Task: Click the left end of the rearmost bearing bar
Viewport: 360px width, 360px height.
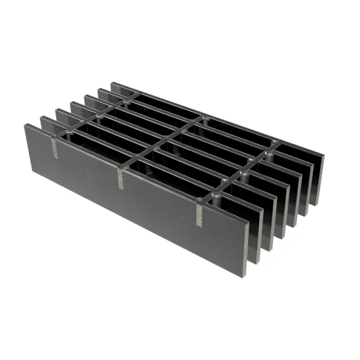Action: (114, 84)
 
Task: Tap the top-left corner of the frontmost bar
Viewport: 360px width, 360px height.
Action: (26, 124)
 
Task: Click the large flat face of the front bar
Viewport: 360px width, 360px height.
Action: (131, 196)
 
